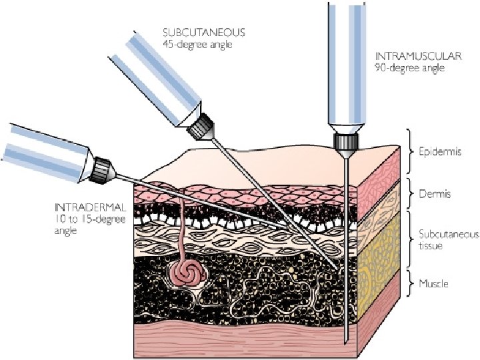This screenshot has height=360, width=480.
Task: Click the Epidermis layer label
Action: coord(439,151)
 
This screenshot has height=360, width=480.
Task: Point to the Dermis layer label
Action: coord(435,194)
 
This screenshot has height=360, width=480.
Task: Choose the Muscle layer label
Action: coord(434,283)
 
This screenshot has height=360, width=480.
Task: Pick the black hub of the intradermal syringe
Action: coord(103,167)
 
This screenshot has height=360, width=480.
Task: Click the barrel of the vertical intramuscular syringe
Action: coord(346,67)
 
